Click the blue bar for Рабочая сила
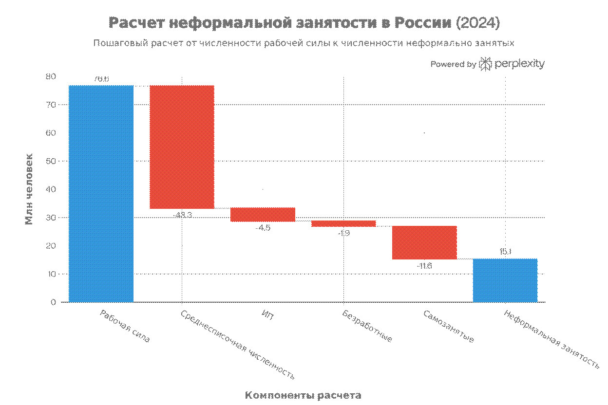coord(101,194)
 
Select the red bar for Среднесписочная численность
coord(182,147)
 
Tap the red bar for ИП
coord(263,215)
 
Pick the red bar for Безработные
coord(343,223)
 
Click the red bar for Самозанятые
coord(424,242)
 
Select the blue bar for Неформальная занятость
coord(505,280)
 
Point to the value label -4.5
coord(263,227)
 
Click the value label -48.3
coord(182,215)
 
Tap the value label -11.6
coord(424,266)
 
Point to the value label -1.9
coord(343,233)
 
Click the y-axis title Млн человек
coord(29,189)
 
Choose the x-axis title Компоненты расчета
coord(303,394)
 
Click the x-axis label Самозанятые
coord(449,326)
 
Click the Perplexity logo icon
coord(486,64)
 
